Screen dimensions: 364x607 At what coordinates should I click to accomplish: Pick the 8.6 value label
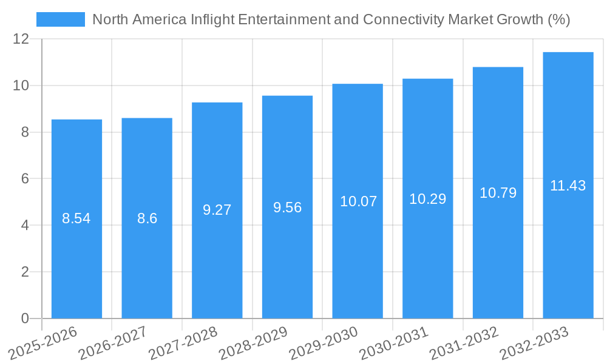147,218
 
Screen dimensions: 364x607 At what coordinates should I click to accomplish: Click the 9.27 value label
217,210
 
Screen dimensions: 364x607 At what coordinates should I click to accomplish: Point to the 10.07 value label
358,201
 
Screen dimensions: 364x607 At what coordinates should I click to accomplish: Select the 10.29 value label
427,198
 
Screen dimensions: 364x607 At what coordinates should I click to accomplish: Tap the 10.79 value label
498,193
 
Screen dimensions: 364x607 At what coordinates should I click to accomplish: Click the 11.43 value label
568,186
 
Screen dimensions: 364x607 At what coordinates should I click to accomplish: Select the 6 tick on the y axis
25,179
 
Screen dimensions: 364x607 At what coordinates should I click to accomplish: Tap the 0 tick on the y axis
25,318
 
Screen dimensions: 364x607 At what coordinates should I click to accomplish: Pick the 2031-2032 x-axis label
464,343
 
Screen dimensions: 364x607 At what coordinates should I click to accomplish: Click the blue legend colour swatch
61,19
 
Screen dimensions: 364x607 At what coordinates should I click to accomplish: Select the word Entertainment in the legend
283,19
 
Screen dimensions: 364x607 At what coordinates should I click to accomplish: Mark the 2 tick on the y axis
25,272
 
